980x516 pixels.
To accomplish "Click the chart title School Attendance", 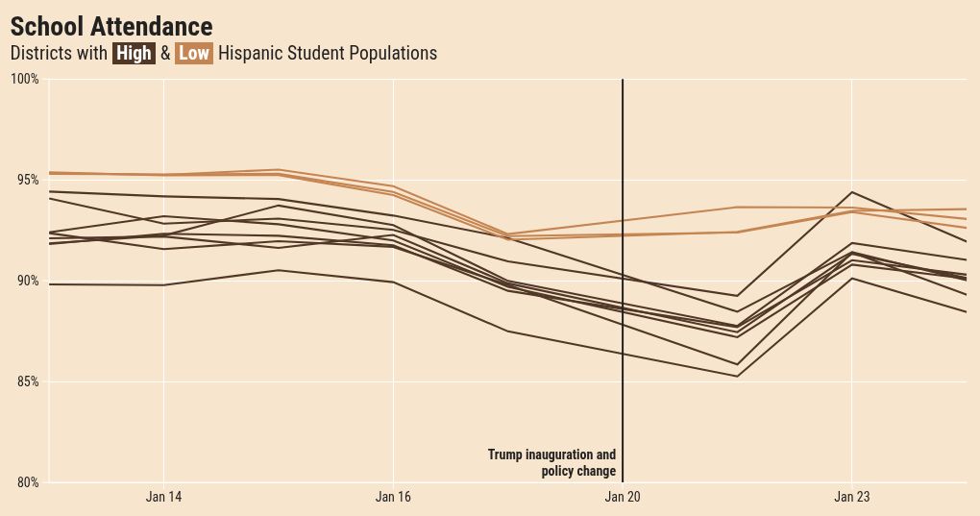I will point(110,27).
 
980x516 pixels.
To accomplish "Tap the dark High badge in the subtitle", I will point(134,54).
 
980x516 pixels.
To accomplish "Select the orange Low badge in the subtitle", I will point(194,54).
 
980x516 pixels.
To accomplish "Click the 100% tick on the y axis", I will point(25,79).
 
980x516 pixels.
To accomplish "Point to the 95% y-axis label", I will point(27,180).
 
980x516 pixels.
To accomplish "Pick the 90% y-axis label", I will point(27,281).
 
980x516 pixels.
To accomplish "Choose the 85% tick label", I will point(27,381).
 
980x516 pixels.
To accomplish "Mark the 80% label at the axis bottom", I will point(27,482).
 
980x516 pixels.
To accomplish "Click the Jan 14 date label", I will point(163,498).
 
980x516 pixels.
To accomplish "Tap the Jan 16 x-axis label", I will point(393,498).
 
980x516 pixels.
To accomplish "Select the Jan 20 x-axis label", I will point(623,498).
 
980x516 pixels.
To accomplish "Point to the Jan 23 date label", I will point(852,498).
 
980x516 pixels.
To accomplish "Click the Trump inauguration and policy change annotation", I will point(552,463).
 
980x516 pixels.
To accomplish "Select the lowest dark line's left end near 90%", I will point(50,284).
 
